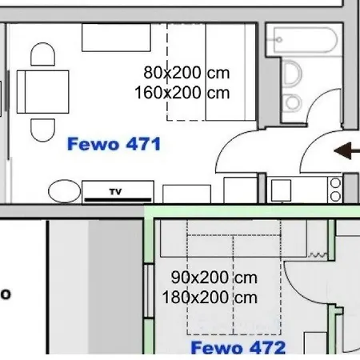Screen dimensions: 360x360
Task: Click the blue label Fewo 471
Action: tap(114, 144)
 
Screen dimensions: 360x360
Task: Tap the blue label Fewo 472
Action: tap(238, 347)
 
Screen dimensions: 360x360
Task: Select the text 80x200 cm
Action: tap(186, 73)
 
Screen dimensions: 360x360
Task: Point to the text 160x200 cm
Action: tap(182, 93)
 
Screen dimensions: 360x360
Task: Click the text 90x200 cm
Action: tap(214, 278)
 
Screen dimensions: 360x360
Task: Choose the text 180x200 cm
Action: tap(210, 298)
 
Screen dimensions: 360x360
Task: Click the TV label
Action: tap(115, 191)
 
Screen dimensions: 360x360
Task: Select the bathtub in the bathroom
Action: tap(305, 40)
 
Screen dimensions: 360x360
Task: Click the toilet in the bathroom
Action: tap(292, 74)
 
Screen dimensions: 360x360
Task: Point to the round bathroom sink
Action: tap(293, 102)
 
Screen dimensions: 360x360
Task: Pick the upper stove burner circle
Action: tap(335, 183)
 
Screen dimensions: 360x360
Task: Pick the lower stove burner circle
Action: tap(335, 196)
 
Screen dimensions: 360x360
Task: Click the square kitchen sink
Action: tap(281, 190)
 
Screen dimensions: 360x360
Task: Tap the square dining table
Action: tap(42, 92)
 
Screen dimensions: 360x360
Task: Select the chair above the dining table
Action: tap(43, 54)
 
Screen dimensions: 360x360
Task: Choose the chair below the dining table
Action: tap(43, 130)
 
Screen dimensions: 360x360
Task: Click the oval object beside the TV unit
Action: tap(64, 191)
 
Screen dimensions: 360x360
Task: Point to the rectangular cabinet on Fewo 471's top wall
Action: tap(116, 38)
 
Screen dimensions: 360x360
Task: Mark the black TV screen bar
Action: tap(118, 199)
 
